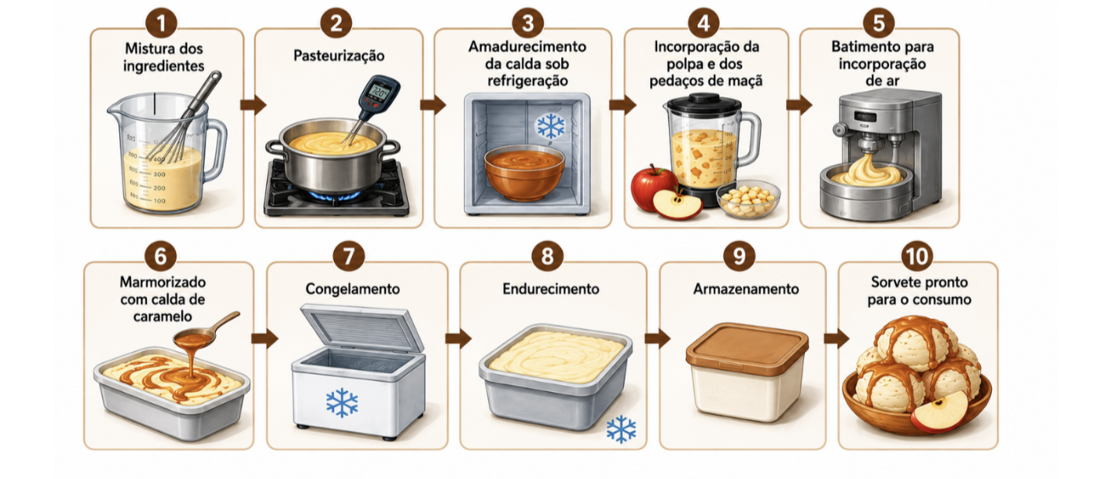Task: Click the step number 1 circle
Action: click(x=161, y=23)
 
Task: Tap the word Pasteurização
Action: click(x=339, y=55)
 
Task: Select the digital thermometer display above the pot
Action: click(x=379, y=92)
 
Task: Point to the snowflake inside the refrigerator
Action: click(x=550, y=126)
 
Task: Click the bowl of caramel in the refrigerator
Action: click(x=524, y=173)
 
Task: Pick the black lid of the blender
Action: click(x=703, y=103)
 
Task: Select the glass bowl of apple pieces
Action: click(x=748, y=198)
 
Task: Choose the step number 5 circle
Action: click(x=879, y=23)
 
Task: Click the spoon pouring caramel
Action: click(x=206, y=330)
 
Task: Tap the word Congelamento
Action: click(x=353, y=289)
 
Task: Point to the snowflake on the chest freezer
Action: click(x=342, y=402)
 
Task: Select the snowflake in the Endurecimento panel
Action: click(x=621, y=428)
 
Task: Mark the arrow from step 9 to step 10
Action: click(x=836, y=338)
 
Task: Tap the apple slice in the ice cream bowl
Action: click(x=939, y=411)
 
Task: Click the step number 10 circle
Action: click(x=917, y=257)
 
